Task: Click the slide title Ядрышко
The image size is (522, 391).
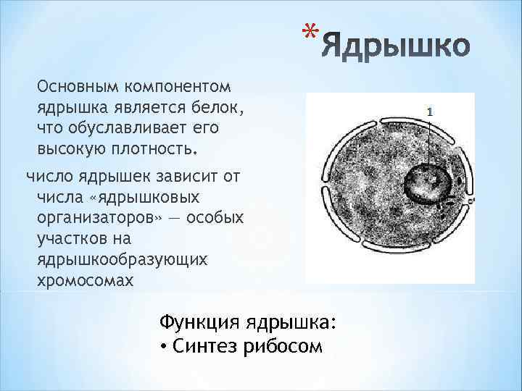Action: [396, 49]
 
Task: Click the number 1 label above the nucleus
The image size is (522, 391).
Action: [430, 112]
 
